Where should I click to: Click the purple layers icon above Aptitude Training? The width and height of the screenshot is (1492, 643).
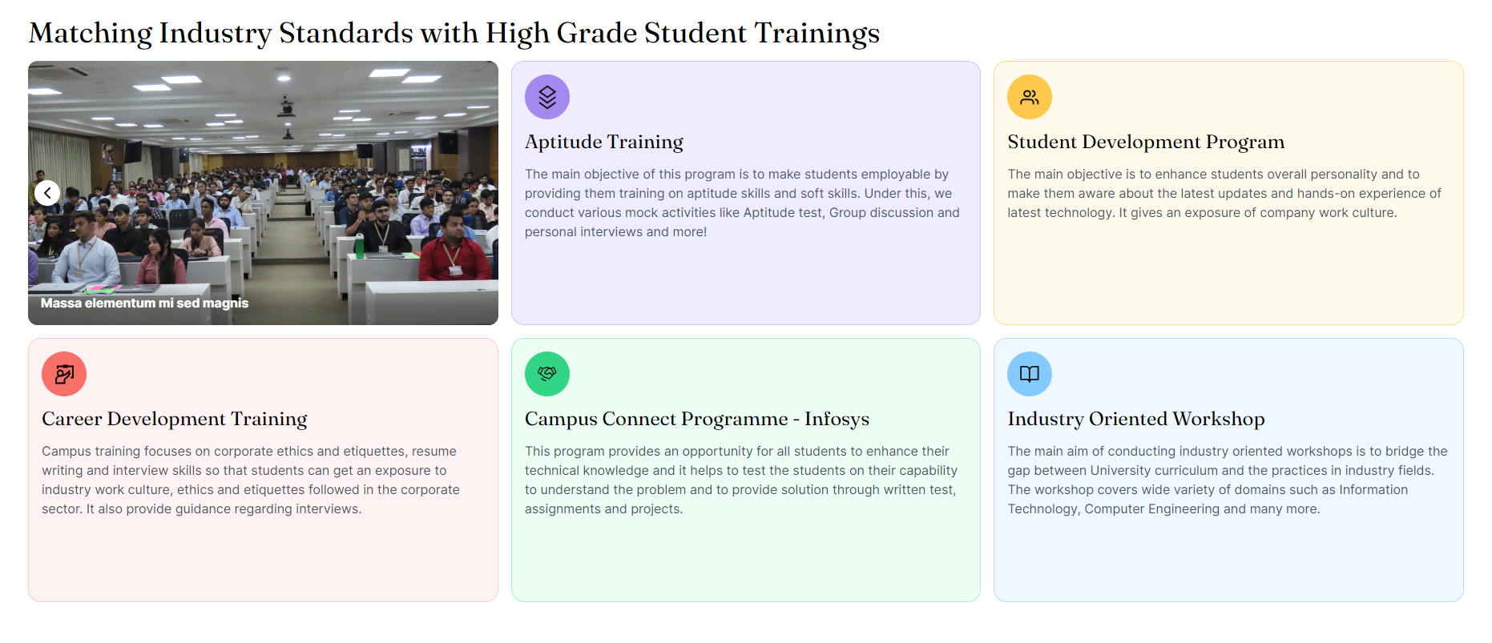click(547, 97)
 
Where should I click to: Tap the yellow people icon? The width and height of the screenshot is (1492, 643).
click(1030, 97)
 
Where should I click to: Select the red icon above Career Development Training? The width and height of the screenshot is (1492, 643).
click(64, 374)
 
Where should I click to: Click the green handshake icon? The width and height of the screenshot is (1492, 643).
click(547, 374)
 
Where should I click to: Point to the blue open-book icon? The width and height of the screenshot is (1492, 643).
click(1030, 374)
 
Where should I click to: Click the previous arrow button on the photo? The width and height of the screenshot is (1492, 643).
click(47, 193)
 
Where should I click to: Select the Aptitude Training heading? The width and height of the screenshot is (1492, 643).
click(604, 142)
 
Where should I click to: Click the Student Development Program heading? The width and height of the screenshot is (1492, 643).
click(1146, 142)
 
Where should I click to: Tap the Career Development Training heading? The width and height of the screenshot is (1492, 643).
click(175, 419)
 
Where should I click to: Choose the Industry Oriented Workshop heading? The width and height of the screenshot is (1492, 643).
click(1136, 419)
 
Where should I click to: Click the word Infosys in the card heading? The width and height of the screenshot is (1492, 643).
click(837, 419)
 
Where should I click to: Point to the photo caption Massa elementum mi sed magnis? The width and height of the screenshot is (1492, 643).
click(144, 303)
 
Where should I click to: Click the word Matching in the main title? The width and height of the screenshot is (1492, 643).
click(91, 34)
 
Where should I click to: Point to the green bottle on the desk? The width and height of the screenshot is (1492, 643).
click(359, 245)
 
